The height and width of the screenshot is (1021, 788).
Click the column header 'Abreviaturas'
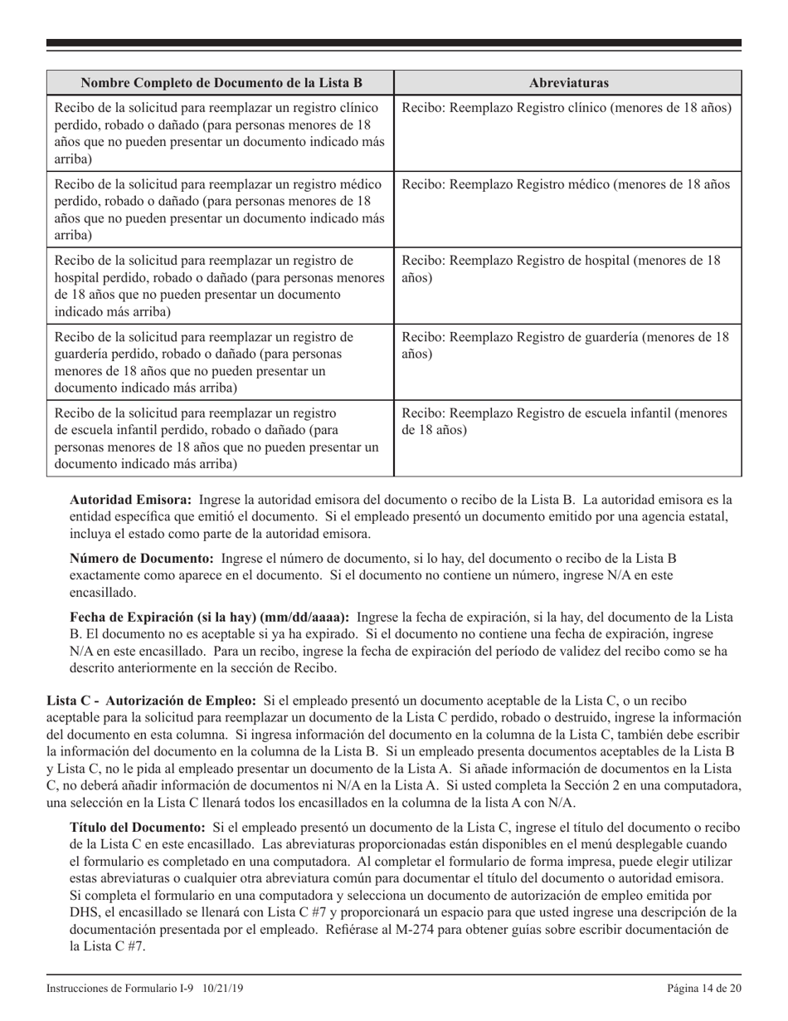pyautogui.click(x=567, y=83)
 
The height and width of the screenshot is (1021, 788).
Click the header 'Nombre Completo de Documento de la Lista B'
pyautogui.click(x=220, y=83)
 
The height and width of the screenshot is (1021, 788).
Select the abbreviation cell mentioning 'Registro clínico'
pyautogui.click(x=567, y=108)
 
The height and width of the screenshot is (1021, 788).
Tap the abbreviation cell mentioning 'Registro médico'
pyautogui.click(x=567, y=184)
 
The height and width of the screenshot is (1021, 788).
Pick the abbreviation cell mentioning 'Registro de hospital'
pyautogui.click(x=567, y=269)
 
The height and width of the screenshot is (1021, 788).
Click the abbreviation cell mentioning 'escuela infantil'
pyautogui.click(x=567, y=422)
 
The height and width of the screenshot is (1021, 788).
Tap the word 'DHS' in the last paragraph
pyautogui.click(x=83, y=912)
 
